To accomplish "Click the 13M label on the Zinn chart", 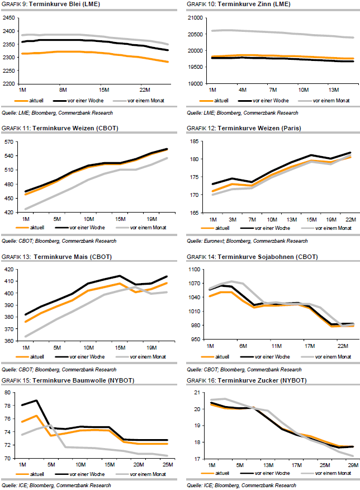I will coord(334,89).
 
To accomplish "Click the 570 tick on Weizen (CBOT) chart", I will coord(10,142).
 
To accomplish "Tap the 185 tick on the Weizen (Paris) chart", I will coord(195,142).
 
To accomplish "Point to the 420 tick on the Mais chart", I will coord(10,270).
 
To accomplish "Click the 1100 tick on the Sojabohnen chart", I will coord(193,270).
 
